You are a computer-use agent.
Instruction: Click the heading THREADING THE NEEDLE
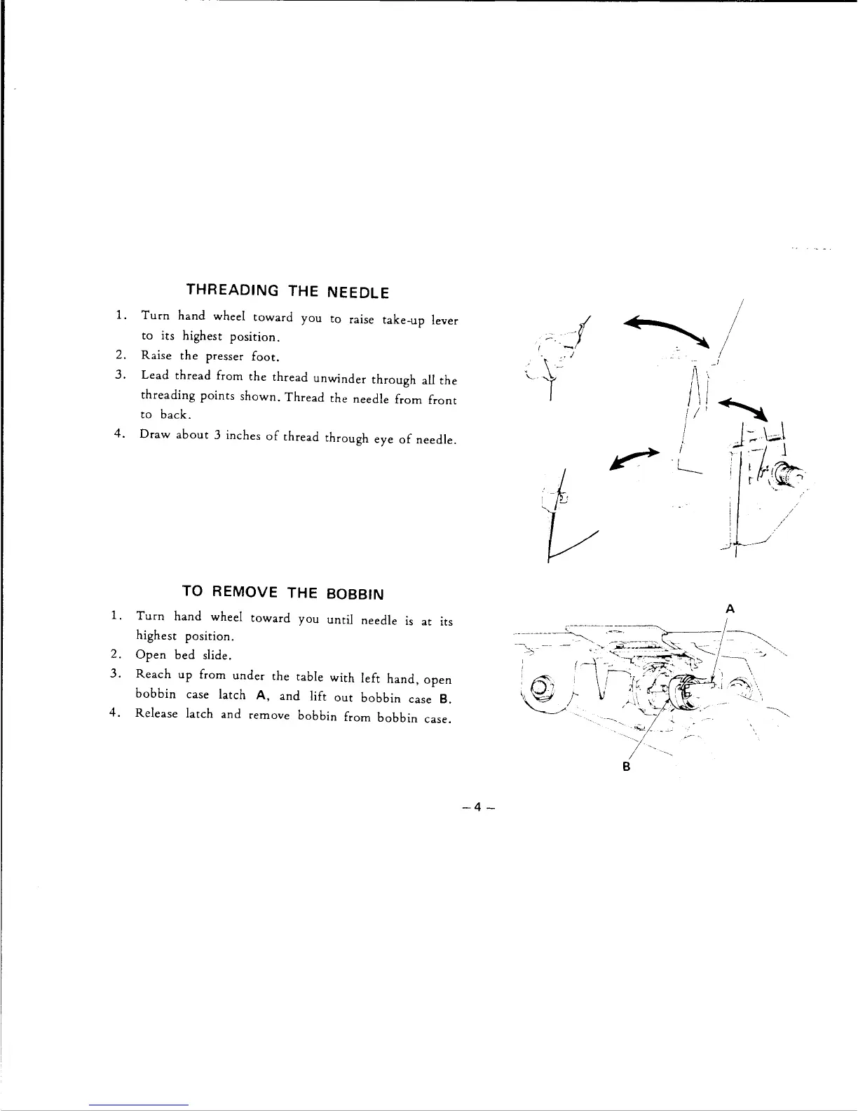(x=287, y=290)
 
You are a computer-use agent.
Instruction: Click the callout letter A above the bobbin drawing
(x=730, y=609)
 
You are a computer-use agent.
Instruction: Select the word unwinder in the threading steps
(x=341, y=379)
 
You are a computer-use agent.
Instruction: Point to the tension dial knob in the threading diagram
(x=789, y=478)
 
